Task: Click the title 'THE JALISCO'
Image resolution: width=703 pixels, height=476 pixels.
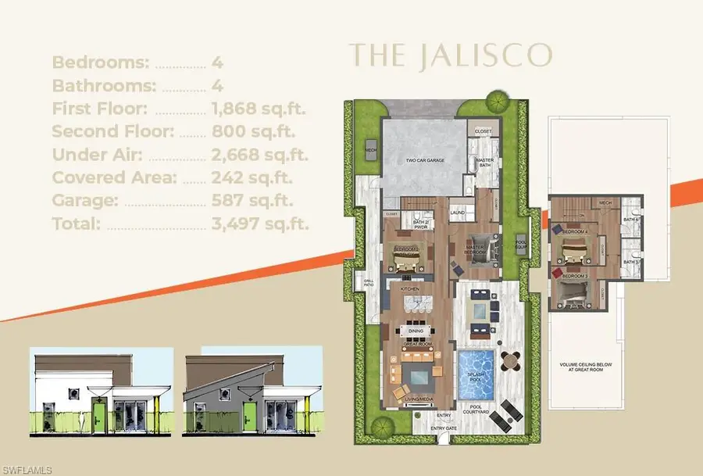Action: [x=451, y=55]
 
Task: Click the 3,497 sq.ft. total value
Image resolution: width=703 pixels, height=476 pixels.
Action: [x=260, y=224]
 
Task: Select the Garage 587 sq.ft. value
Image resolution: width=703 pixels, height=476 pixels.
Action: [x=253, y=201]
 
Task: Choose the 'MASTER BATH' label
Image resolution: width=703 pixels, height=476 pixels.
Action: [x=485, y=163]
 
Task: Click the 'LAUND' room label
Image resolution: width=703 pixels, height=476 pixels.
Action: [x=458, y=211]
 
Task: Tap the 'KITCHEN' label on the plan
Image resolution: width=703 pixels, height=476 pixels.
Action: [x=411, y=288]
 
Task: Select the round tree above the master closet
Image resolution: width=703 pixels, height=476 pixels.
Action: [x=495, y=101]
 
